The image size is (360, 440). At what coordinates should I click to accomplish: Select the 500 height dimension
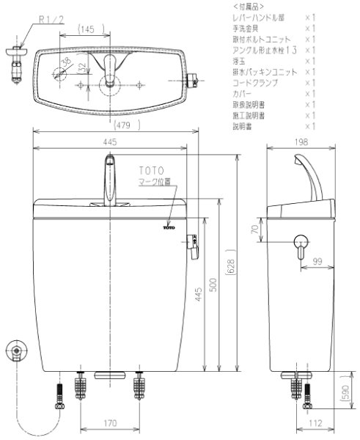point(214,285)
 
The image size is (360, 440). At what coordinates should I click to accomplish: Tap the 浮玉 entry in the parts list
point(237,62)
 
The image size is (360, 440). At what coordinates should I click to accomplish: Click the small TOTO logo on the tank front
point(170,229)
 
